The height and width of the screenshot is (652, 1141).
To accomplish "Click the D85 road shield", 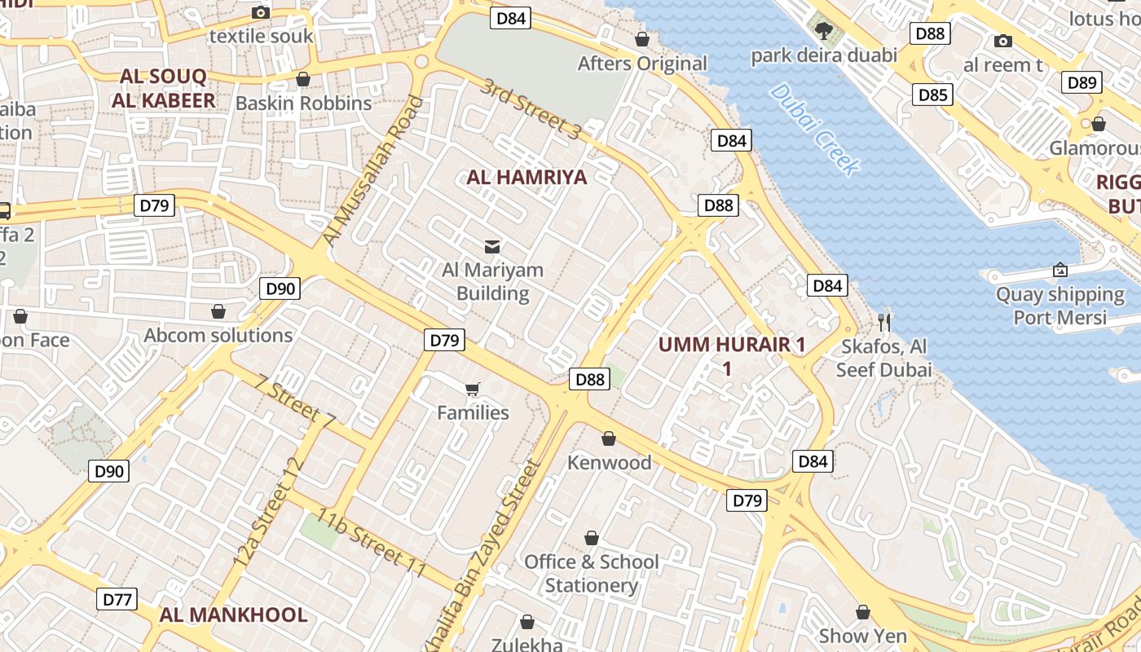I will pos(932,95).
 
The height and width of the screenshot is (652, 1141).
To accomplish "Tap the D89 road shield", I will pos(1082,82).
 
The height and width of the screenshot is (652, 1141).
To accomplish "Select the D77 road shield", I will pos(117,600).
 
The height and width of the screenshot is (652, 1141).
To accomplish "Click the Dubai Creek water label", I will pos(814,129).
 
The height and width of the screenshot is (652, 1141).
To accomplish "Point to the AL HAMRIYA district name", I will pos(526,178).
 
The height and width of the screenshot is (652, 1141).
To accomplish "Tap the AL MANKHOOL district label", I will pos(233,615).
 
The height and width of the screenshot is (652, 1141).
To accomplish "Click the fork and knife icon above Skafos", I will pos(884,322).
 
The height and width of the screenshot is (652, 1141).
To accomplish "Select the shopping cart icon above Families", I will pos(473,389).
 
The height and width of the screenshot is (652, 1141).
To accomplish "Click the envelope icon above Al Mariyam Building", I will pos(492,246).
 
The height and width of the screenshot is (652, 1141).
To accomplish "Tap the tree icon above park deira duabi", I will pos(824,31).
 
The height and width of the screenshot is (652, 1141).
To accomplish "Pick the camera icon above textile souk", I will pos(261,11).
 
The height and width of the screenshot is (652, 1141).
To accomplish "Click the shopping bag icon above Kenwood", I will pos(608,439).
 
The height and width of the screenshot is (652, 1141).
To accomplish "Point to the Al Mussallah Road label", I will pos(374,172).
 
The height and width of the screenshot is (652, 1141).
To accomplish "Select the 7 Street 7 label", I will pos(295,401).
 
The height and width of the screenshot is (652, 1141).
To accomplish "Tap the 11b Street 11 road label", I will pos(372,544).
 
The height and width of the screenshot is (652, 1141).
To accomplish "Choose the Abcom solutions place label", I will pos(218,336).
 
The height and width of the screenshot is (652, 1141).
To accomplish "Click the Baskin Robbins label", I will pos(303,104).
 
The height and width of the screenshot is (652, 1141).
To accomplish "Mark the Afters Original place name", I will pos(642,64).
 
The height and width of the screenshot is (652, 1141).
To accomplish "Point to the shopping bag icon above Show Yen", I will pos(863,612).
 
